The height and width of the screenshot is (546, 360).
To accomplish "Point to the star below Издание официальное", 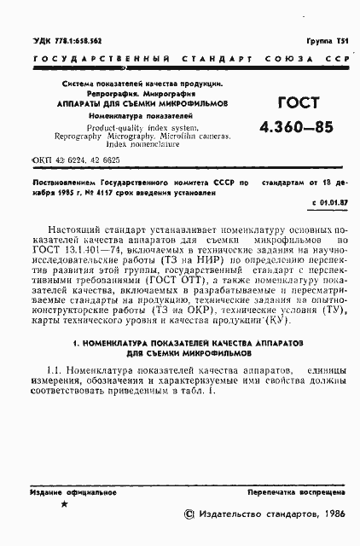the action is coord(65,504).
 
